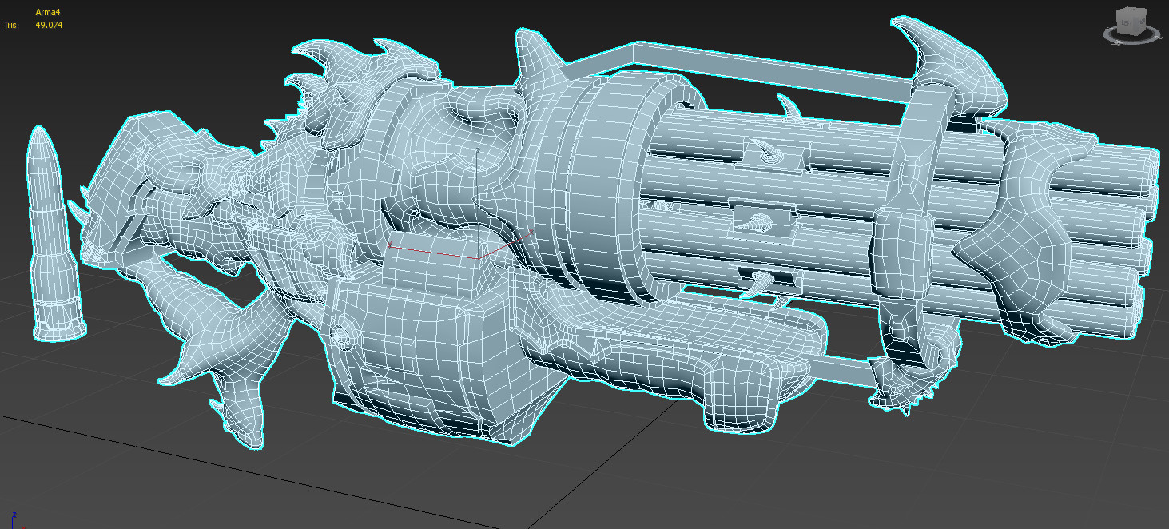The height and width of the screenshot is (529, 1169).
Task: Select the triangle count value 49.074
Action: [x=49, y=25]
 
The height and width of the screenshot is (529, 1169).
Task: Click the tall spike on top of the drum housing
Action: [x=535, y=56]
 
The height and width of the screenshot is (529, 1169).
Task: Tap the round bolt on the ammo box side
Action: [x=342, y=337]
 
